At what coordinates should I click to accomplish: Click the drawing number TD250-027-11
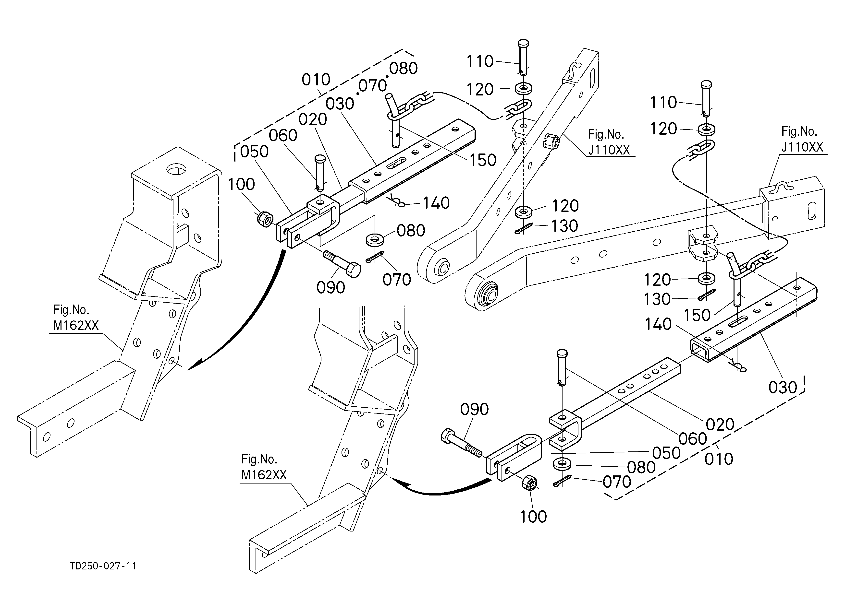pos(103,566)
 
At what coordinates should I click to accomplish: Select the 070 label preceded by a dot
pos(373,86)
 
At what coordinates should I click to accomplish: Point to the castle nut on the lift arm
pos(551,142)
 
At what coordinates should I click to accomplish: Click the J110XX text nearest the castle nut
pos(609,150)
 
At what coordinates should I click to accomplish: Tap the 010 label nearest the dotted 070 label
pos(316,80)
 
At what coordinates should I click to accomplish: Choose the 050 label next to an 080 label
pos(666,453)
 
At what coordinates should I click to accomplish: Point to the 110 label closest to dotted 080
pos(480,61)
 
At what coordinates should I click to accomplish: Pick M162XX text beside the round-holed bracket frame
pos(76,326)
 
